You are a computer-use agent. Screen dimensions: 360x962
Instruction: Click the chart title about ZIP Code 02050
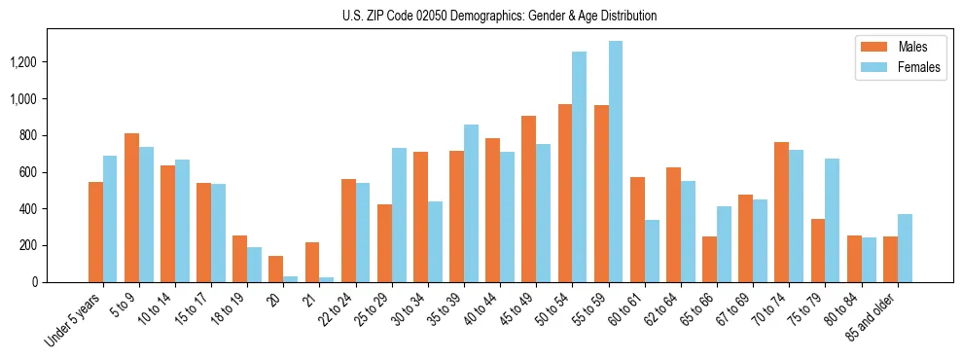coord(499,16)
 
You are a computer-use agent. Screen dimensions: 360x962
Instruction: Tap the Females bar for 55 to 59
coord(615,162)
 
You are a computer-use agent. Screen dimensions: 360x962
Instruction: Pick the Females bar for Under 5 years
coord(110,219)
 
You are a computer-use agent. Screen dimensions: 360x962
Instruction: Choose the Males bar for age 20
coord(275,269)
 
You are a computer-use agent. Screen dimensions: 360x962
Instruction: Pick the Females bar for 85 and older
coord(905,248)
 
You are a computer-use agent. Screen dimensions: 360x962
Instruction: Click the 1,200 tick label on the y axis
coord(49,62)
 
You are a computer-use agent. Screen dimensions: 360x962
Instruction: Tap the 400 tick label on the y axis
coord(54,209)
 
